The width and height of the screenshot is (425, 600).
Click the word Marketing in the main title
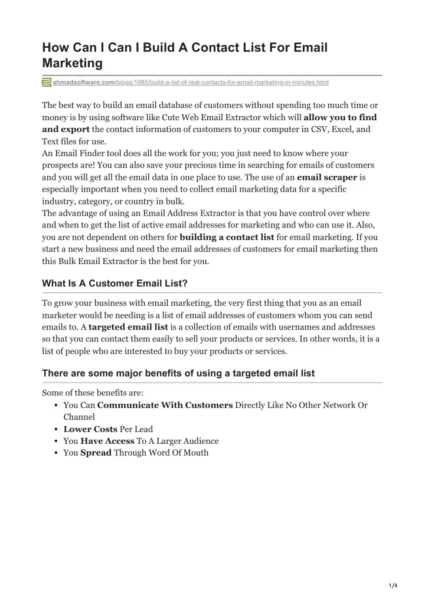pos(73,62)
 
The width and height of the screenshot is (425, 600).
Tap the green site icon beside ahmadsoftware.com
pos(47,83)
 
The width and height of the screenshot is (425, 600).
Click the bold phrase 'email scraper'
pos(327,177)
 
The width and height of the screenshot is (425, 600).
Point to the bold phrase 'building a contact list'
pos(227,237)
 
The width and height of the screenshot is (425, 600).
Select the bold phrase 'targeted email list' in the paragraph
pos(128,327)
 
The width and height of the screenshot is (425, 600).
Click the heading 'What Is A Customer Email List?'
pos(115,283)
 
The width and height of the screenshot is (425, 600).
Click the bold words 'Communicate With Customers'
pos(165,406)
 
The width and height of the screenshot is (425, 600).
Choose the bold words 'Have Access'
pos(107,441)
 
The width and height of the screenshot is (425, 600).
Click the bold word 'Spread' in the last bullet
pos(96,453)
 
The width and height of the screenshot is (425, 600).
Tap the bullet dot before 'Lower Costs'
pos(55,429)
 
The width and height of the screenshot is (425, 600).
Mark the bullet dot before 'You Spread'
pos(55,453)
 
